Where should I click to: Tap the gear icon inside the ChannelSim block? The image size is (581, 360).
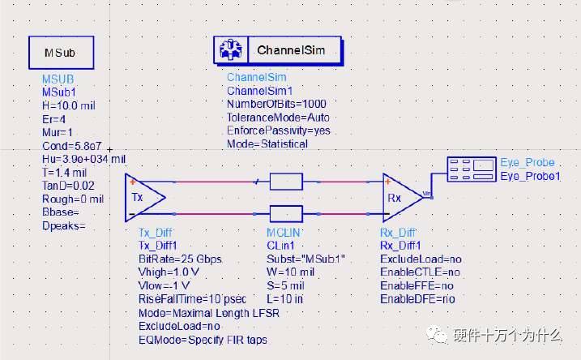[230, 50]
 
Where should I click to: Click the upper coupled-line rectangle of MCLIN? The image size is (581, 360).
[285, 181]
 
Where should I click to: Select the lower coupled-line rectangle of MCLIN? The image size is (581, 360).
[285, 215]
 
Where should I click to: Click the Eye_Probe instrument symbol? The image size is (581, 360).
[472, 169]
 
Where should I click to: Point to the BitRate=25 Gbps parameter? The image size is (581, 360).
[180, 259]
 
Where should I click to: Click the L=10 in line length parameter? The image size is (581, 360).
[286, 300]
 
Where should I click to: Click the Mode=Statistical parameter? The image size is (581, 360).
[267, 144]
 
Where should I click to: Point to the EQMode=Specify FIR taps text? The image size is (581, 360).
[203, 340]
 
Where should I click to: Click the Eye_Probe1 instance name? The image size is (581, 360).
[530, 176]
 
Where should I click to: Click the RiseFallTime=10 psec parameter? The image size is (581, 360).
[191, 300]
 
